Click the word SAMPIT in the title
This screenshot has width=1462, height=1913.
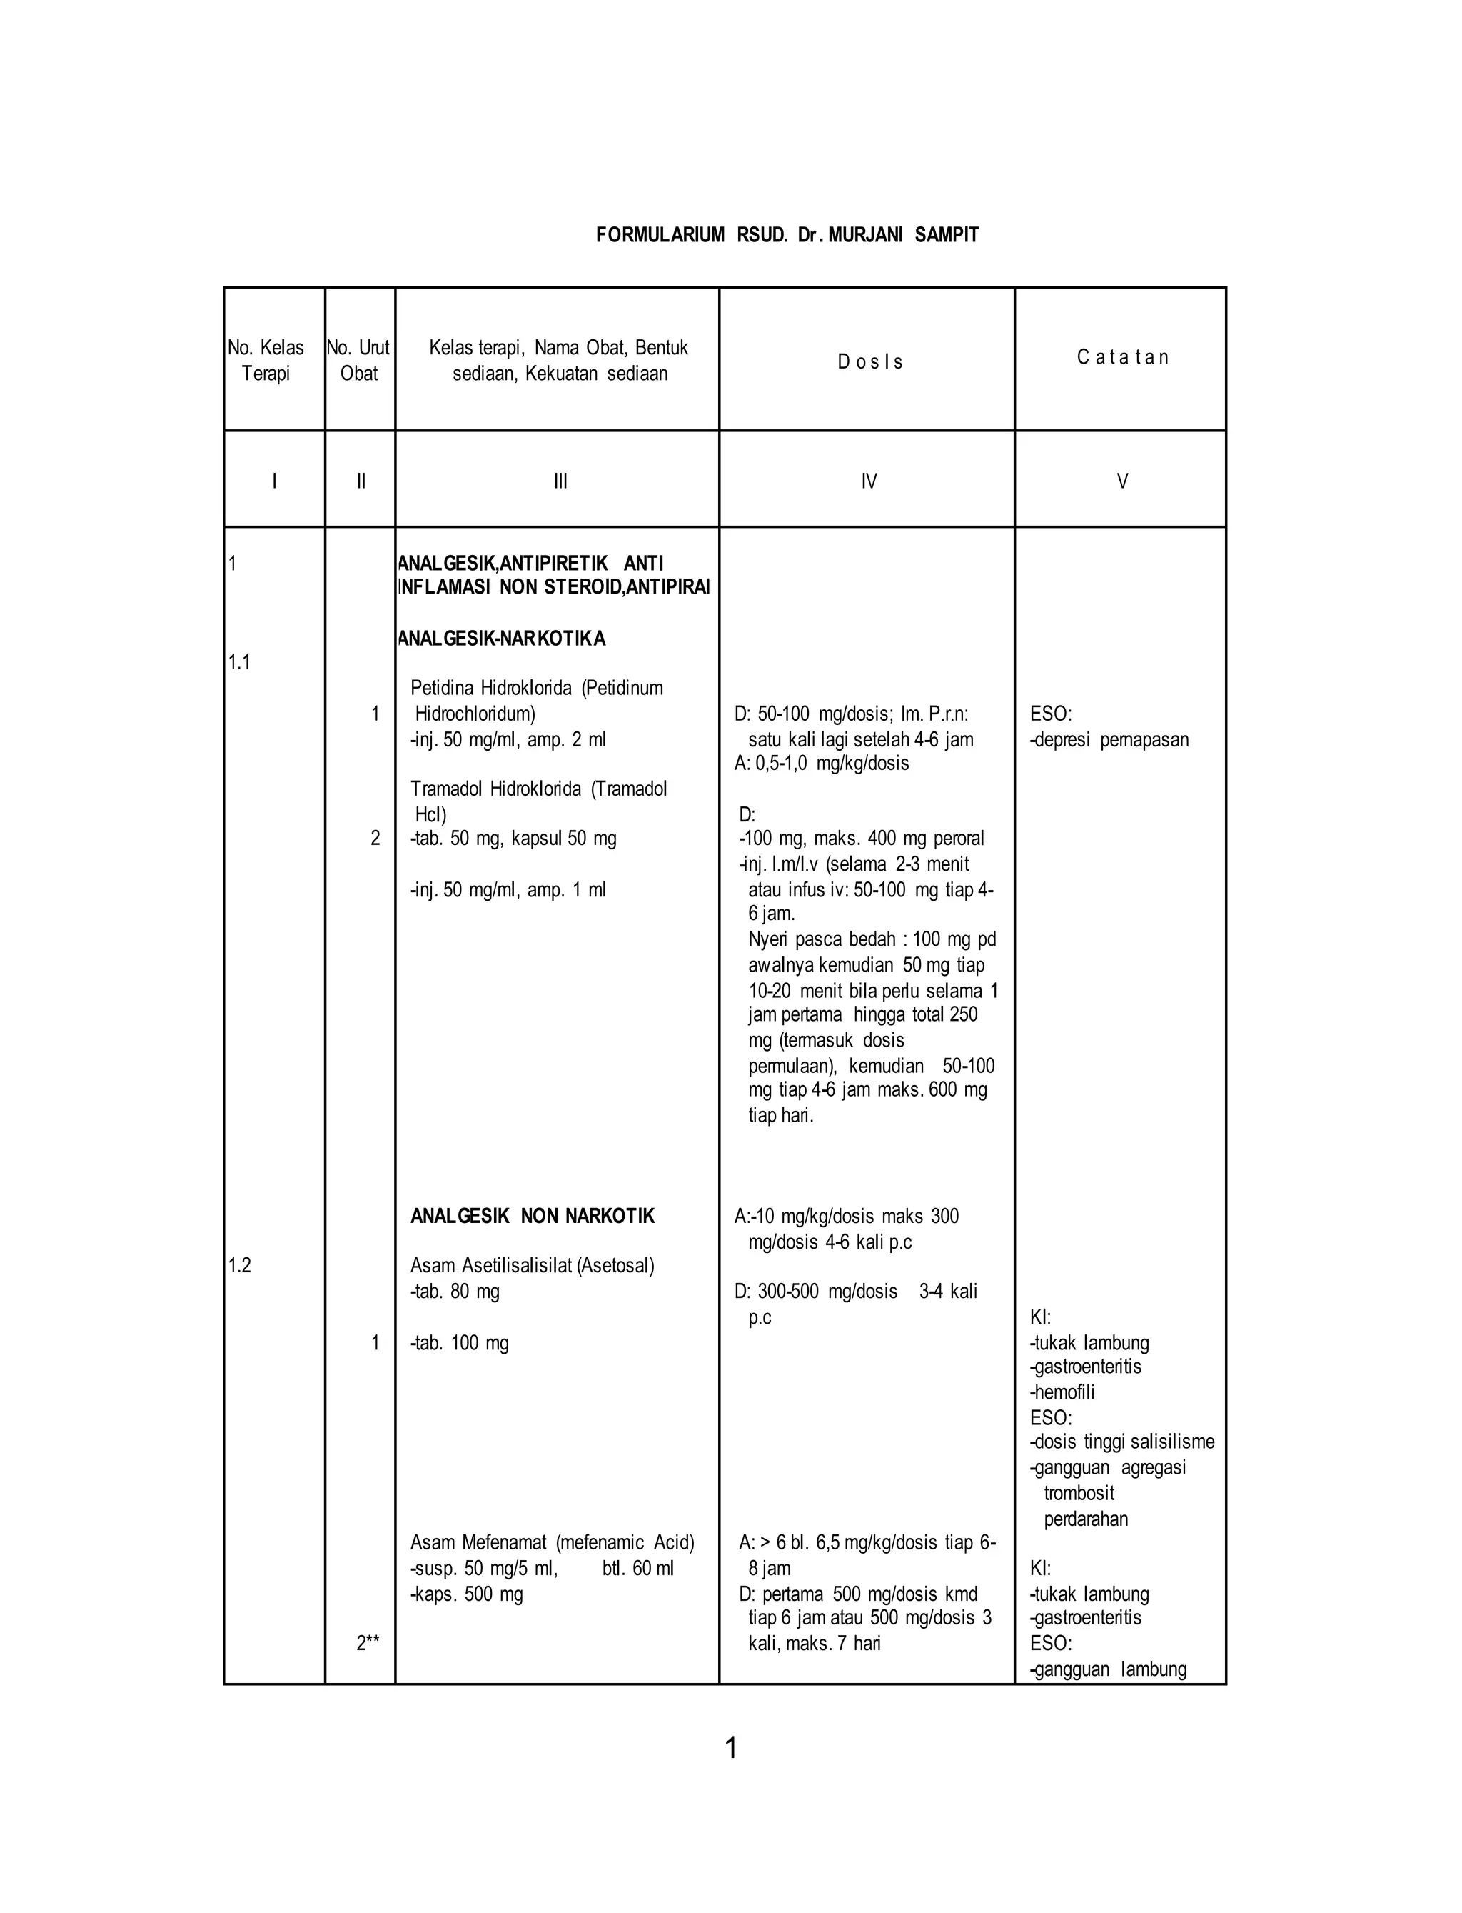click(x=946, y=235)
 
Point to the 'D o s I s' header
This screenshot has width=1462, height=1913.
click(x=869, y=362)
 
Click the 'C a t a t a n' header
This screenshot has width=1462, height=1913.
click(x=1121, y=357)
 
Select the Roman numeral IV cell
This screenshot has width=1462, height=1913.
click(x=869, y=481)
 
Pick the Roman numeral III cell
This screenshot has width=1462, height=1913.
click(x=560, y=481)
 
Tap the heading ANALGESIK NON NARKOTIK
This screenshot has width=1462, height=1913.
click(x=532, y=1217)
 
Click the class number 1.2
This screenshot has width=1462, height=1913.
click(x=239, y=1265)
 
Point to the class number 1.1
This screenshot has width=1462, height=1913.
click(x=239, y=661)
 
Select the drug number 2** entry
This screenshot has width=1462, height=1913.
click(x=367, y=1643)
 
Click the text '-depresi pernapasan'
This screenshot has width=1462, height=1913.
click(x=1109, y=740)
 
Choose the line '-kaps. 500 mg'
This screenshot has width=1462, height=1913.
click(x=466, y=1594)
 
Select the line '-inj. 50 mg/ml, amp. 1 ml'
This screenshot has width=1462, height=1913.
click(x=508, y=890)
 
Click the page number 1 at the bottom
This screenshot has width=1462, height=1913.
click(x=731, y=1747)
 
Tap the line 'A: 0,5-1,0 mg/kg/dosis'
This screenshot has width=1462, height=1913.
click(x=822, y=764)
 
